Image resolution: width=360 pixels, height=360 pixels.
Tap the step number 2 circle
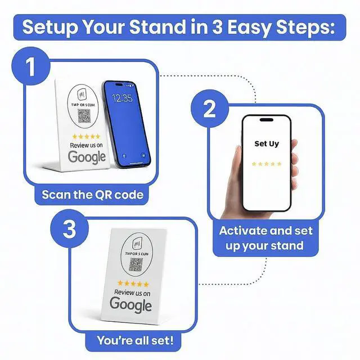point(209,109)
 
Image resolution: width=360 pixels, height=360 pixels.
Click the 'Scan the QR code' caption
point(92,195)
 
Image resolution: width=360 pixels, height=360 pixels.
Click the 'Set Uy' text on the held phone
point(266,143)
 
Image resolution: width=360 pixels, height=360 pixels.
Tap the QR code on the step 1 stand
point(84,116)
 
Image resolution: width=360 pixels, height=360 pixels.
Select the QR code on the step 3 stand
point(135,264)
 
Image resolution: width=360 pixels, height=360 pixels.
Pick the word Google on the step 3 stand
point(130,304)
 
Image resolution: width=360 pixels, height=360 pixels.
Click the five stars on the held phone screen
point(266,164)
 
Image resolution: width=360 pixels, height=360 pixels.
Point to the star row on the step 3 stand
point(133,285)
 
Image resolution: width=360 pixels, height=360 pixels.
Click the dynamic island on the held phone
point(267,120)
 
